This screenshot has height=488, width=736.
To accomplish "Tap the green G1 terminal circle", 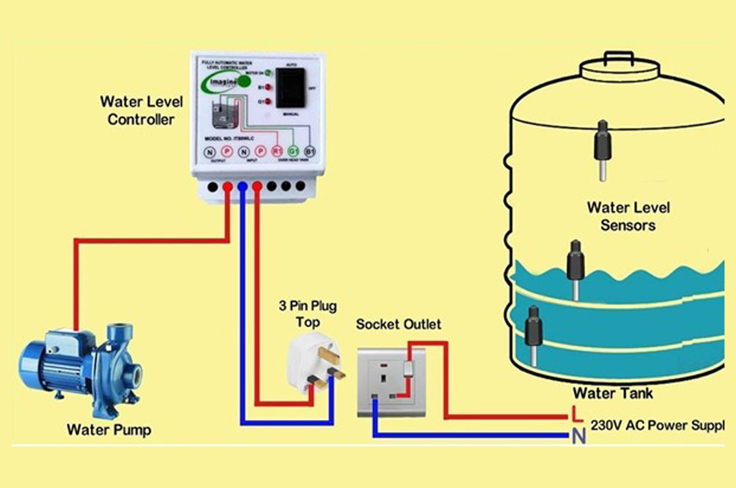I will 293,151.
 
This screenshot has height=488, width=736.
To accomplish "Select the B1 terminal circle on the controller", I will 310,151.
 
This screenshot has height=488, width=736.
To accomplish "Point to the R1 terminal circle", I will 277,151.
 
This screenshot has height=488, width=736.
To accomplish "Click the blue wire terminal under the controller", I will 242,187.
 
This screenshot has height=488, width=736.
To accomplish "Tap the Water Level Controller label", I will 141,111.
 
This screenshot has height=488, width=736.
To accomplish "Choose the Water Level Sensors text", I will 628,216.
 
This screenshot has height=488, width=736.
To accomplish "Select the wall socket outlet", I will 392,381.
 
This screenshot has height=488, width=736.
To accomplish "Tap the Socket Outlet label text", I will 399,324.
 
